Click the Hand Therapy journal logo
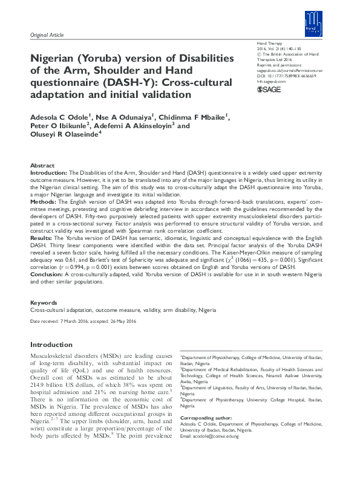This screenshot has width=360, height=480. [311, 25]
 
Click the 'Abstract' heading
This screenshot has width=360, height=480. [42, 165]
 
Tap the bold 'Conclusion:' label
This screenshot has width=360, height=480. [47, 274]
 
